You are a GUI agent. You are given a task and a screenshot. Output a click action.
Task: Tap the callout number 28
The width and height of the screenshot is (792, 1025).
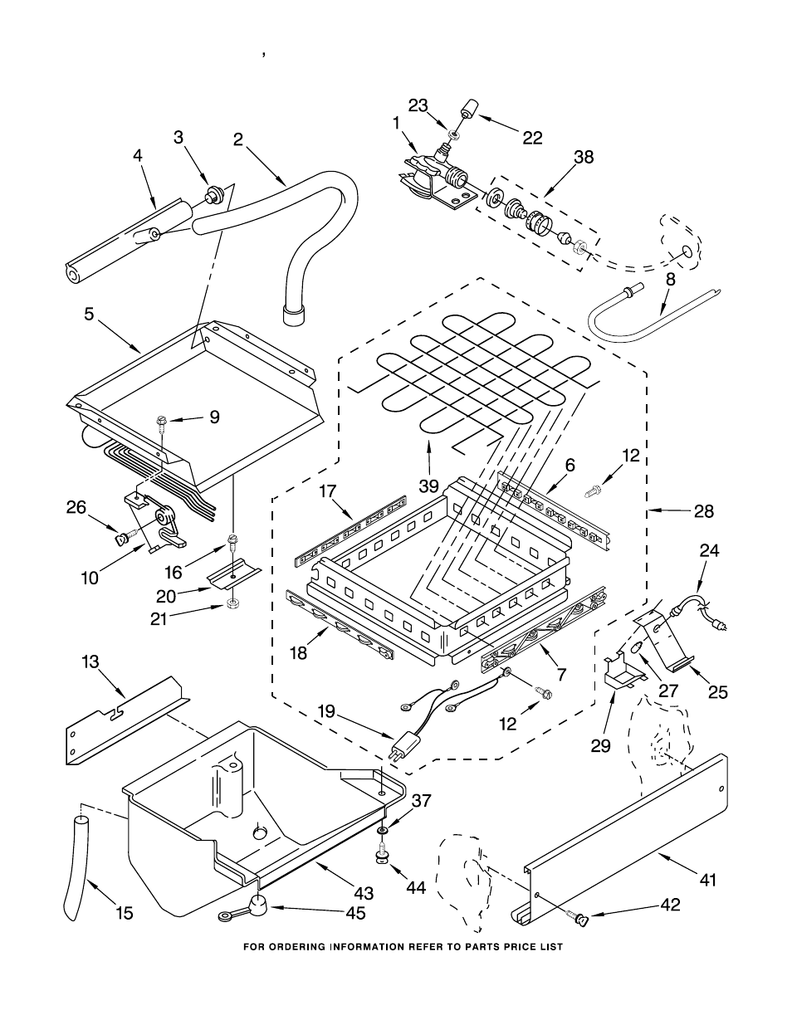click(703, 511)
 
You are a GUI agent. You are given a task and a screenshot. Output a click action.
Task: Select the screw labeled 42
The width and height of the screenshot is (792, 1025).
click(580, 919)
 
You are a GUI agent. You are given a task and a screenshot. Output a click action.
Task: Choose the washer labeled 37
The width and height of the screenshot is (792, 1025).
click(383, 831)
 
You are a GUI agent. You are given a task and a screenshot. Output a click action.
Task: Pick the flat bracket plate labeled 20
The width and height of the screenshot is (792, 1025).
click(233, 578)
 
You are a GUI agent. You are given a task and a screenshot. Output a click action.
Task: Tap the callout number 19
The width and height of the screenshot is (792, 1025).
click(327, 710)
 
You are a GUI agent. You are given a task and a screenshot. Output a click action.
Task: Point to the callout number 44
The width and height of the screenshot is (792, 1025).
click(415, 887)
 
